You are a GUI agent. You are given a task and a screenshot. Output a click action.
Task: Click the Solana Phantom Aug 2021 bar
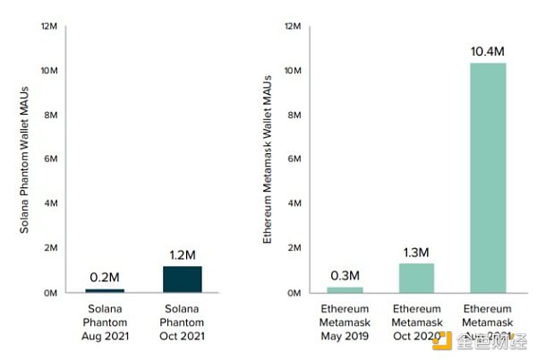tap(105, 290)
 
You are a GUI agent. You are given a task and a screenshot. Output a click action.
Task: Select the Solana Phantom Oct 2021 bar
tap(182, 279)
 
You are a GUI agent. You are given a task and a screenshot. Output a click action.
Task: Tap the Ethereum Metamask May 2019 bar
tap(345, 289)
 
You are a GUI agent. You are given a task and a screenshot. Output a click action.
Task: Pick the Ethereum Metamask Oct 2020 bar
tap(416, 278)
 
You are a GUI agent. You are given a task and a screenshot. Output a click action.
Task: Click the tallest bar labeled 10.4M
tap(488, 177)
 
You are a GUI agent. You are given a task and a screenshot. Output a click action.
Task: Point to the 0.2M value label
tap(105, 276)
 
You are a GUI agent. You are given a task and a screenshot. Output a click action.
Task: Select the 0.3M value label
tap(345, 274)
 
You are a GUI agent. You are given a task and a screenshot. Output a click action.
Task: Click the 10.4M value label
tap(488, 50)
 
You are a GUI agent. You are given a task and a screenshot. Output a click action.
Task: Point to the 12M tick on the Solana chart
tap(50, 26)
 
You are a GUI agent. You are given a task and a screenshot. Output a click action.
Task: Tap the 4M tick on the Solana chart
tap(50, 204)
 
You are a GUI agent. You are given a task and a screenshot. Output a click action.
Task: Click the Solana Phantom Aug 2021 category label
tap(105, 323)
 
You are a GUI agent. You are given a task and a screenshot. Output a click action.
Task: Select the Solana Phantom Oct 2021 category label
tap(182, 323)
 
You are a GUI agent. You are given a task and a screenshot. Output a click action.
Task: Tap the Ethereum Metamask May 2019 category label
tap(345, 323)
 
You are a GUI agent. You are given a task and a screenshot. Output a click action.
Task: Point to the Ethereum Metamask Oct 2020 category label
tap(416, 323)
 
